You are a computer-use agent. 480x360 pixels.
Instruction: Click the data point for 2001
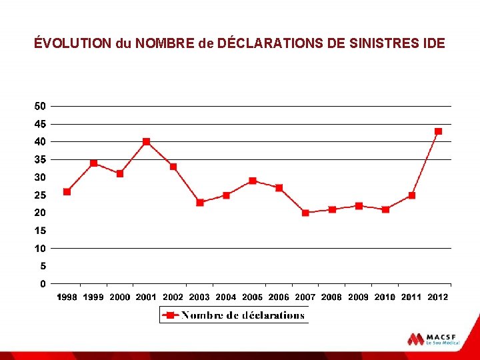click(147, 141)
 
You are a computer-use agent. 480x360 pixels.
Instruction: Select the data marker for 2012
click(438, 131)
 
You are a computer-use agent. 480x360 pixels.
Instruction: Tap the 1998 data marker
click(67, 191)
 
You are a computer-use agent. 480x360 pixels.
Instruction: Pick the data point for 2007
click(305, 213)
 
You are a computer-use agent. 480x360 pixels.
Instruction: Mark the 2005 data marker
click(253, 181)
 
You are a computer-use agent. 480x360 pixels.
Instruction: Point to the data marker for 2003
click(199, 202)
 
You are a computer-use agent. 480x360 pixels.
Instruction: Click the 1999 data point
click(93, 163)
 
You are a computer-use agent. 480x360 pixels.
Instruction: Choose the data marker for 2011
click(412, 195)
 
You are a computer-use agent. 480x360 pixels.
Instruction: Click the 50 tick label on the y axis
click(40, 106)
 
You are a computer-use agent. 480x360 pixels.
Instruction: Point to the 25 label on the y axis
click(40, 195)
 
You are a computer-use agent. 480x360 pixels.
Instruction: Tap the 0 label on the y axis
click(43, 284)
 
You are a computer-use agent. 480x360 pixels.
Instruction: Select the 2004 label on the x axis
click(226, 297)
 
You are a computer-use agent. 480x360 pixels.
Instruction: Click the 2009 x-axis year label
click(359, 297)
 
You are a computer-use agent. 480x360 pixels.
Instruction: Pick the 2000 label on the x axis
click(120, 297)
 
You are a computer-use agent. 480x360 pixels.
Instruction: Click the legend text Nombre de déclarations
click(243, 315)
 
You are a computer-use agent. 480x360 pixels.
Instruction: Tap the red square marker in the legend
click(170, 315)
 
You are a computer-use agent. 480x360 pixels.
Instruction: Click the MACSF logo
click(433, 339)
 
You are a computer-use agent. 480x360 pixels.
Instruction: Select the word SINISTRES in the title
click(387, 44)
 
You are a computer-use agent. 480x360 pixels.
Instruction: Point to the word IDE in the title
click(433, 44)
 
